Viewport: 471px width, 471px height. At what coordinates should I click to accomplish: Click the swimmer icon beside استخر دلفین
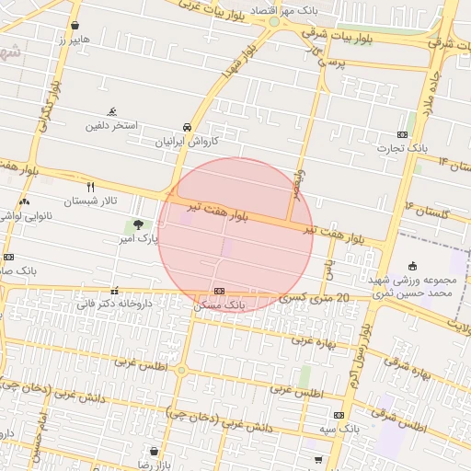tap(112, 110)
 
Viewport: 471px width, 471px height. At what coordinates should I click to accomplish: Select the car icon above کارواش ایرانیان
tap(188, 127)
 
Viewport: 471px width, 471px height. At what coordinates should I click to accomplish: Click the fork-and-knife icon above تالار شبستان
tap(90, 186)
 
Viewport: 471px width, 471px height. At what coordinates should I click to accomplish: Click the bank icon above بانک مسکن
tap(218, 291)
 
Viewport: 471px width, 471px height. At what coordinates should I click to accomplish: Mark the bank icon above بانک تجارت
tap(403, 134)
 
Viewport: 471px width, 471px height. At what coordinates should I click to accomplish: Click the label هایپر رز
tap(75, 41)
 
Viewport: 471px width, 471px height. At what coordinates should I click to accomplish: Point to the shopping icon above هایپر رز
tap(75, 26)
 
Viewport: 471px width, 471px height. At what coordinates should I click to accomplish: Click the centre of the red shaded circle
tap(235, 235)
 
